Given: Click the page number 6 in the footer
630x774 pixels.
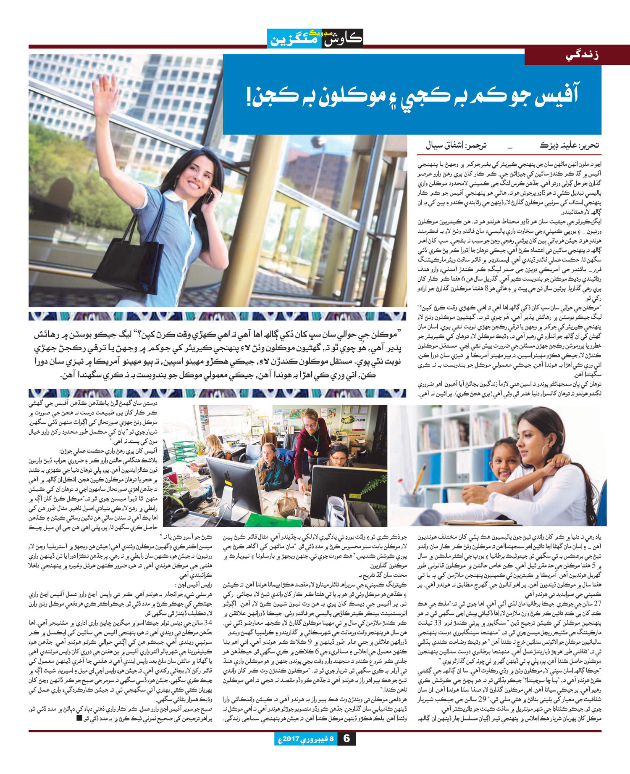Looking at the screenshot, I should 346,750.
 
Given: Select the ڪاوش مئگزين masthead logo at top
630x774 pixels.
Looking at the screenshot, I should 315,38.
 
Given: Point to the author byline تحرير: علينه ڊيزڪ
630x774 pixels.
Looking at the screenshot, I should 569,146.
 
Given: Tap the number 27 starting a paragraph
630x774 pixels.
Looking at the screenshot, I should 597,604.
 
